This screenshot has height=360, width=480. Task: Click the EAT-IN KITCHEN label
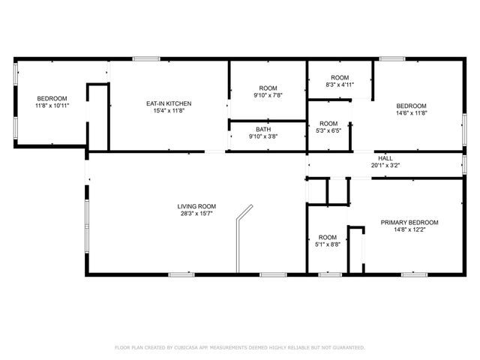169,103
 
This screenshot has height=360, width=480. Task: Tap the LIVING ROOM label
196,206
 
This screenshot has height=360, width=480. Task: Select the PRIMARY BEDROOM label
409,223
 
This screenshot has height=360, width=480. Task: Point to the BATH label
263,129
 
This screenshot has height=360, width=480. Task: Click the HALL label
385,158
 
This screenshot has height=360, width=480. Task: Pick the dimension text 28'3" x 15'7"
196,214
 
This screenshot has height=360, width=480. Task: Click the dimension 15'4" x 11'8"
169,110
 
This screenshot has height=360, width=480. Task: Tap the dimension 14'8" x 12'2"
409,230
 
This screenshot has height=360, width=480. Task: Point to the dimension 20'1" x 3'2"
385,165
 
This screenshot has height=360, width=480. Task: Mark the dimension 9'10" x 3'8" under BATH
263,136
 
